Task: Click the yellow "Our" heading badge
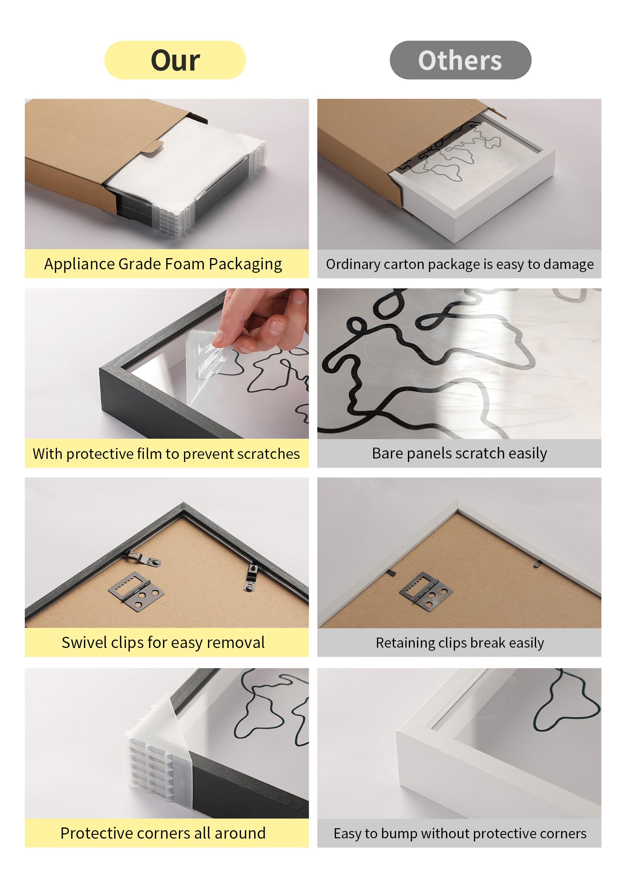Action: (x=175, y=60)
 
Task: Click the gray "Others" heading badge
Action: (x=460, y=60)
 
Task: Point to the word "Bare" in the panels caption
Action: (x=387, y=453)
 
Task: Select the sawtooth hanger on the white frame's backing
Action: (x=426, y=590)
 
